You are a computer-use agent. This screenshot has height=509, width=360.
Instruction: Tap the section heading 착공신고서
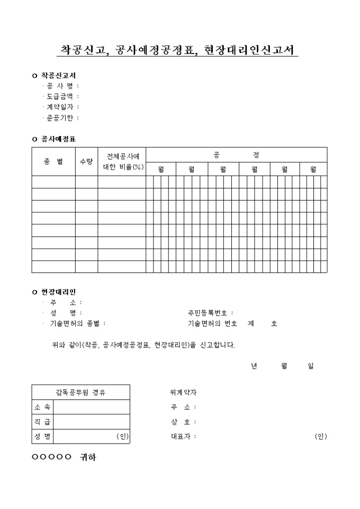pyautogui.click(x=58, y=76)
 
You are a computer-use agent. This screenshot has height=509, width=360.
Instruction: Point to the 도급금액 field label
pyautogui.click(x=59, y=97)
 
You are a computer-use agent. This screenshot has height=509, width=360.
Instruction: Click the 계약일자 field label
pyautogui.click(x=59, y=107)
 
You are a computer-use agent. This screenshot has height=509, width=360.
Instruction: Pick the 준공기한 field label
pyautogui.click(x=59, y=118)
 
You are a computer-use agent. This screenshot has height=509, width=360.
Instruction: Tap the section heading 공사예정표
pyautogui.click(x=58, y=139)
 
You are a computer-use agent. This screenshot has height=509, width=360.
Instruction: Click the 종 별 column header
pyautogui.click(x=53, y=161)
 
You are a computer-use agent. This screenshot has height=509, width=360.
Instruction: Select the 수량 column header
pyautogui.click(x=86, y=161)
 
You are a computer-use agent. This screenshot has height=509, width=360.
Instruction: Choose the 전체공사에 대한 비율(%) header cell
pyautogui.click(x=122, y=161)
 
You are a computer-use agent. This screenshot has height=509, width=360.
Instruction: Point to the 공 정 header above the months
pyautogui.click(x=236, y=154)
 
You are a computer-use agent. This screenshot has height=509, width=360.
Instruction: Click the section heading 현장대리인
pyautogui.click(x=58, y=292)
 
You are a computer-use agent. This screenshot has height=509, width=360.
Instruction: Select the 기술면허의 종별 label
pyautogui.click(x=77, y=323)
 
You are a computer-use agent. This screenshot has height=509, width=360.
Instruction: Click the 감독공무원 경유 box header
pyautogui.click(x=80, y=393)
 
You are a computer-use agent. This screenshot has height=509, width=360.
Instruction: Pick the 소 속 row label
pyautogui.click(x=42, y=407)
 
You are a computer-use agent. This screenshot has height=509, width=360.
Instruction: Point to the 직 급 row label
pyautogui.click(x=42, y=422)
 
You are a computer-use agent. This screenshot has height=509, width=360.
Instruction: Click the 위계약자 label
pyautogui.click(x=183, y=393)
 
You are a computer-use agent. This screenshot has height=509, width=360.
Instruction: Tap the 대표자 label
pyautogui.click(x=182, y=437)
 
